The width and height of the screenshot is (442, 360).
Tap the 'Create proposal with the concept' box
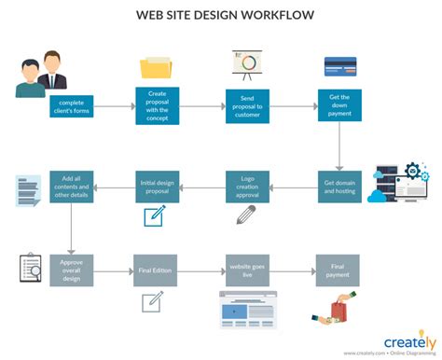[158, 106]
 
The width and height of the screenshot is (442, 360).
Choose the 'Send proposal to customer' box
[247, 106]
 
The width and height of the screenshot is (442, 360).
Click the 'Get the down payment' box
[338, 104]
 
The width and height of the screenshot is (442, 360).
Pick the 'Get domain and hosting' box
[338, 186]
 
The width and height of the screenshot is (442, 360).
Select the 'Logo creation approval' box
[247, 186]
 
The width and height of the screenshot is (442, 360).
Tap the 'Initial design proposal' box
[158, 186]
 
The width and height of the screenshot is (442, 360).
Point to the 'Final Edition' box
[156, 270]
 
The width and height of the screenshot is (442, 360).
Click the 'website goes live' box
[247, 270]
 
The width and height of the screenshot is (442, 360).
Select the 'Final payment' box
[338, 270]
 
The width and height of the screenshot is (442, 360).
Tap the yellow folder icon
[157, 67]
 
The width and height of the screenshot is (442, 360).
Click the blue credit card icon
[339, 65]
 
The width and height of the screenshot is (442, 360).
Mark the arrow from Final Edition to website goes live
[200, 270]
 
